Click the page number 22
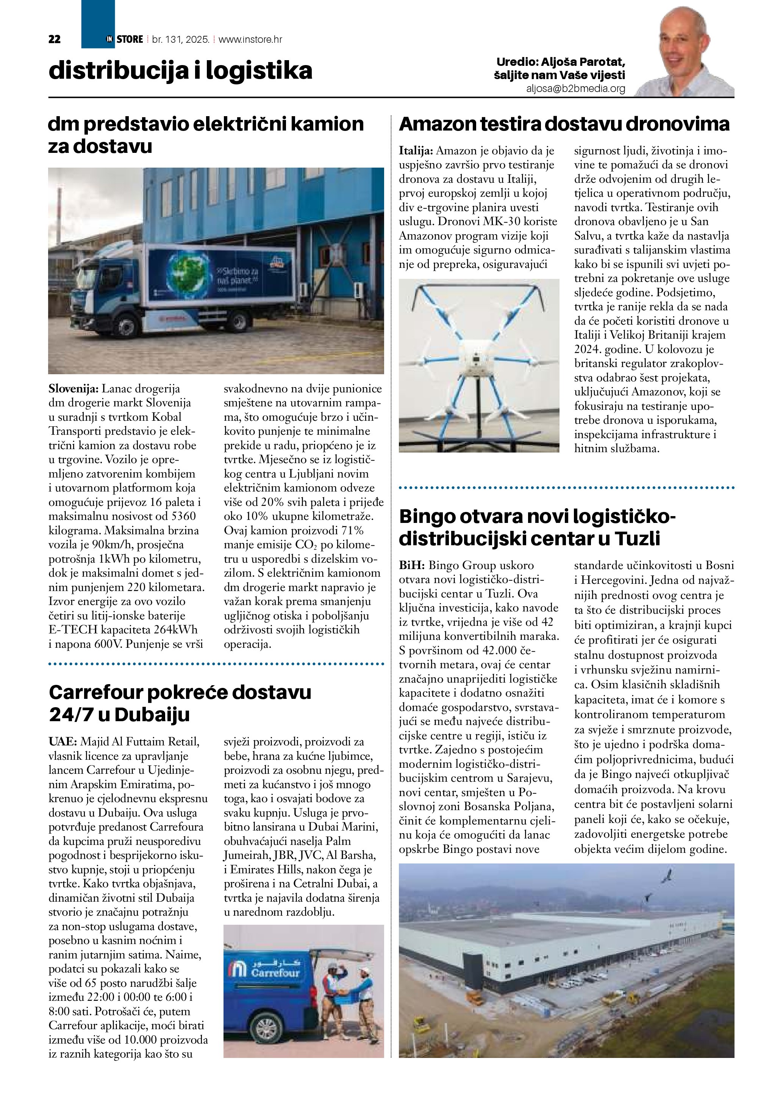(55, 39)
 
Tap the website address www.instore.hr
(250, 39)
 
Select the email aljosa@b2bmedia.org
(576, 89)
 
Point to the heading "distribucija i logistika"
(180, 71)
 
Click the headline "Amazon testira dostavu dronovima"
(564, 124)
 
